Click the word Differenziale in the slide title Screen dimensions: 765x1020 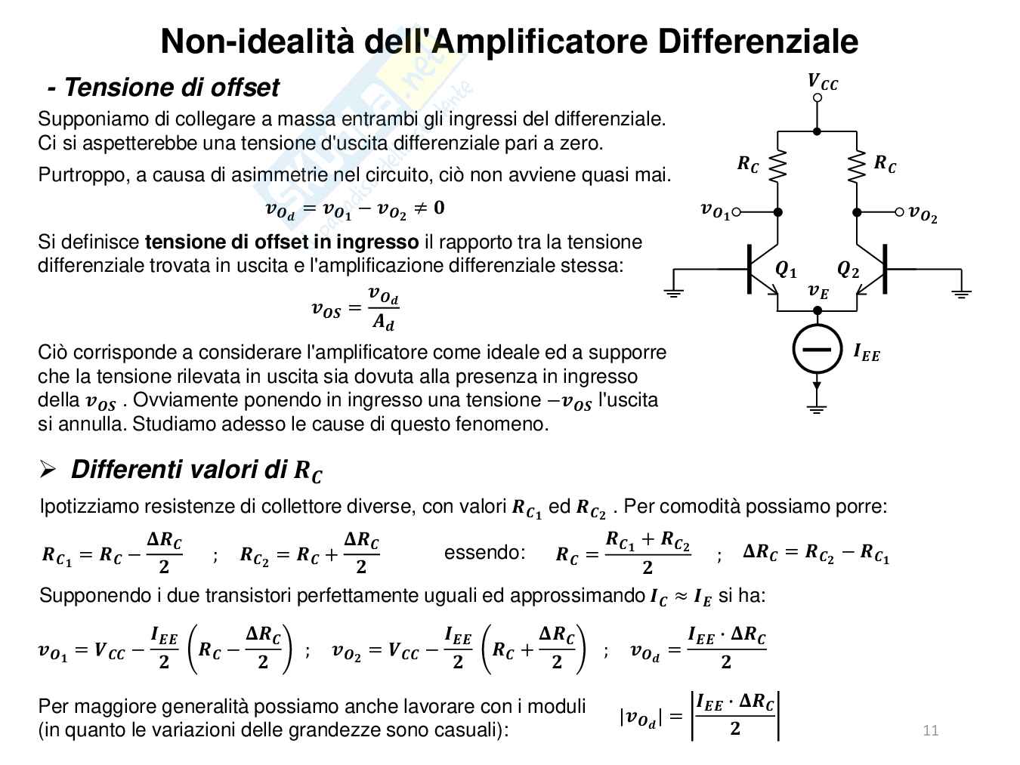click(758, 42)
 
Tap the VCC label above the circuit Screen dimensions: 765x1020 click(822, 82)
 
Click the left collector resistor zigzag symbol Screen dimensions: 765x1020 click(777, 166)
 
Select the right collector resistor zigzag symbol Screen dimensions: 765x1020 click(856, 166)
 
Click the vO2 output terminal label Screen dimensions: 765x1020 click(923, 214)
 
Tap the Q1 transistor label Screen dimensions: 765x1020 click(786, 270)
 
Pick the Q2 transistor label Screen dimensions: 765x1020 click(848, 270)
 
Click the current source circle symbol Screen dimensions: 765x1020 click(817, 349)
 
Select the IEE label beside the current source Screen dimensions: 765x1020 click(867, 352)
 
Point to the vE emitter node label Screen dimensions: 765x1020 click(818, 291)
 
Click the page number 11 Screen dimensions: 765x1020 click(930, 730)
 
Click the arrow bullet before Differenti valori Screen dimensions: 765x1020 click(48, 470)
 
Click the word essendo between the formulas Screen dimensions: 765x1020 click(484, 552)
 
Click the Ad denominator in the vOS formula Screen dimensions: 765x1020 click(383, 322)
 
